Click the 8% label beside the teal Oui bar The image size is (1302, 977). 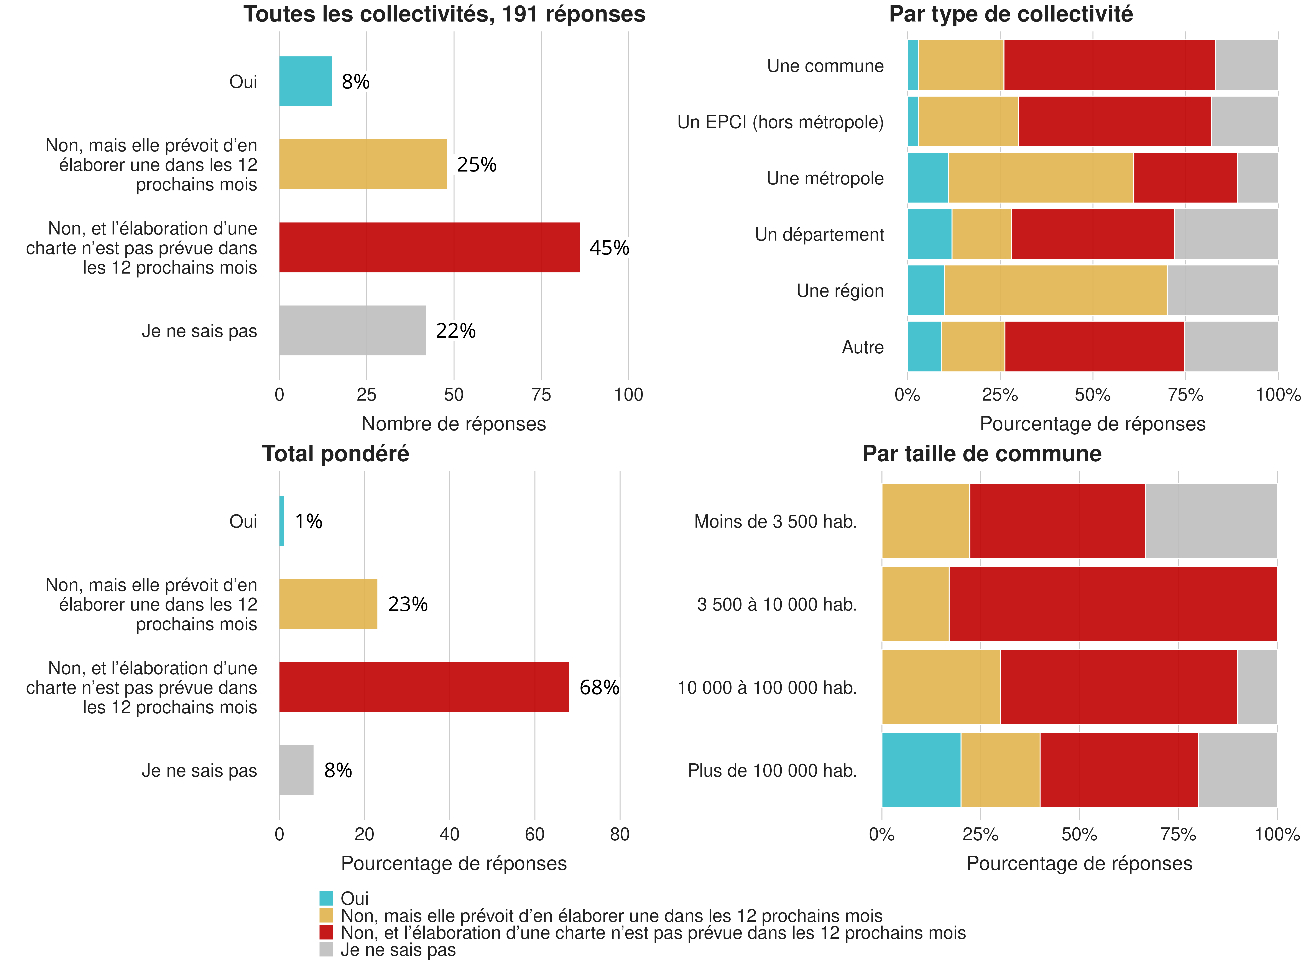click(355, 82)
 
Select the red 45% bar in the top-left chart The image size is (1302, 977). click(429, 247)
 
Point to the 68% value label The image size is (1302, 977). click(599, 687)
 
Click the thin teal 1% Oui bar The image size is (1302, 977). click(281, 521)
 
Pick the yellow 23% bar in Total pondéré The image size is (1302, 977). click(328, 604)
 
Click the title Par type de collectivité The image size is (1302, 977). click(1011, 14)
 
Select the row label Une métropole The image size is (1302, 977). click(825, 178)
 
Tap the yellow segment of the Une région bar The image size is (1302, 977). click(1055, 290)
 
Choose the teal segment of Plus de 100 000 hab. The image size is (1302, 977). click(921, 770)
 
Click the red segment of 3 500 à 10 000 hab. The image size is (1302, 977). click(1113, 604)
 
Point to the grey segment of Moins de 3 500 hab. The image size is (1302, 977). click(1211, 521)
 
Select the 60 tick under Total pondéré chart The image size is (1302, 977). click(534, 835)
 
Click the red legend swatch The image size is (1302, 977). click(326, 932)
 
